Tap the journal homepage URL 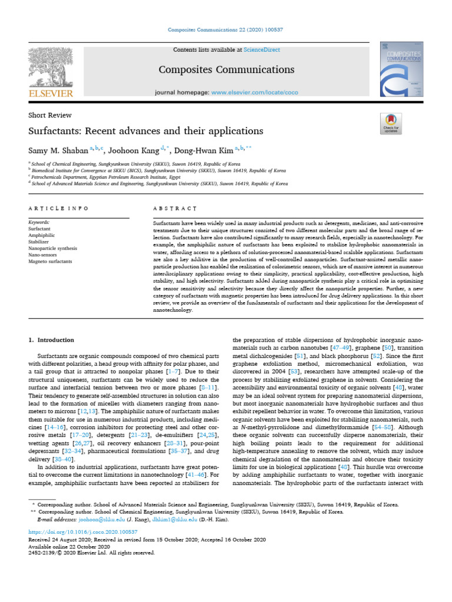(254, 93)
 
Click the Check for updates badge (391, 125)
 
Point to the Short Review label (50, 115)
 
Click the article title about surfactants (145, 131)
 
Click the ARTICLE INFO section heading (58, 209)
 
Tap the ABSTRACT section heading (174, 209)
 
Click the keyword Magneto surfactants (50, 261)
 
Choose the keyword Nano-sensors (42, 255)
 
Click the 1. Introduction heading (51, 340)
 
